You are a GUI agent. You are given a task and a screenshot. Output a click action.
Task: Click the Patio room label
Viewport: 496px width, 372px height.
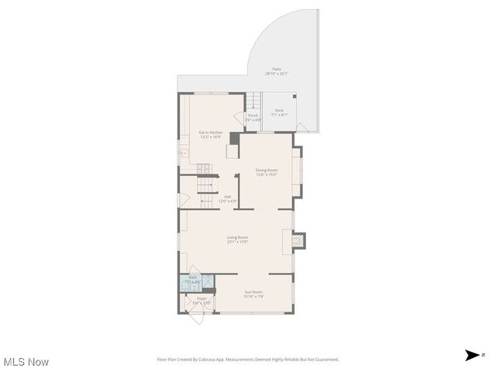point(277,71)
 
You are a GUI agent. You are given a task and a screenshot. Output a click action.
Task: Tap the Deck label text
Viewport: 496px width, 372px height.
point(279,112)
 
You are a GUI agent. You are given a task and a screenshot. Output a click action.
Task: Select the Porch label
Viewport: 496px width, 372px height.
point(253,118)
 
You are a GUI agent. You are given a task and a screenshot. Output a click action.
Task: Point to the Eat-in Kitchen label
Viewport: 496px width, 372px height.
point(211,135)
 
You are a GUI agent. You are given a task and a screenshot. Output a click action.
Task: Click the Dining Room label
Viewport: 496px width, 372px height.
point(267,172)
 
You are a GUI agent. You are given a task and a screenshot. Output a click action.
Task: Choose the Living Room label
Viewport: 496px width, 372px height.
point(237,239)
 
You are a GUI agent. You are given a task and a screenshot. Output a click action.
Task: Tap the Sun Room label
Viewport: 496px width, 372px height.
point(254,294)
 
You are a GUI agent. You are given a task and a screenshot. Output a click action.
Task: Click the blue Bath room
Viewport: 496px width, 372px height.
point(192,281)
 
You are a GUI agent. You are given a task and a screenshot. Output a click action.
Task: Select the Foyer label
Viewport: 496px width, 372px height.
point(201,300)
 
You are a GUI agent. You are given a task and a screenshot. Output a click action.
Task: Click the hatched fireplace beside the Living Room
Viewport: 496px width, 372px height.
point(300,243)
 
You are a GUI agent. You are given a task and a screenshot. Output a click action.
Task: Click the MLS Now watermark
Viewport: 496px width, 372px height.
point(26,362)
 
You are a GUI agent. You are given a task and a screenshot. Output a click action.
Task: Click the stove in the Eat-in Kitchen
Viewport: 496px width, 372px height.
point(204,168)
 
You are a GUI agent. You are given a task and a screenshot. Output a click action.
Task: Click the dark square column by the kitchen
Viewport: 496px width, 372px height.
point(235,137)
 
